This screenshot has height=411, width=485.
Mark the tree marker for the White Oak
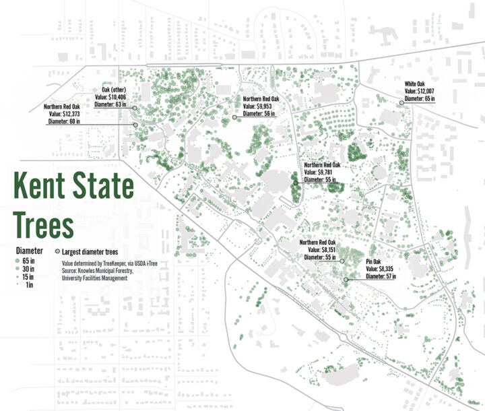tap(401, 103)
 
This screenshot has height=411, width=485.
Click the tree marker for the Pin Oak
tap(346, 280)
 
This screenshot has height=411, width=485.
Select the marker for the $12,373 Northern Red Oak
tap(135, 125)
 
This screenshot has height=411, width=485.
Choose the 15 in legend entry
tap(27, 276)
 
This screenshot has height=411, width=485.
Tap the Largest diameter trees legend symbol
tap(57, 249)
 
